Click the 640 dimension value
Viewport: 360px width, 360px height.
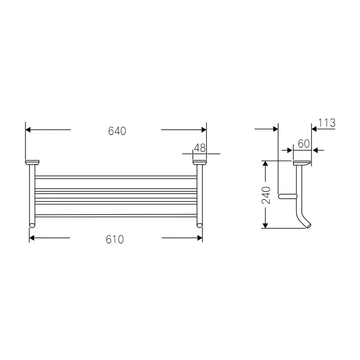pos(117,131)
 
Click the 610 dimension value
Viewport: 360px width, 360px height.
pos(115,240)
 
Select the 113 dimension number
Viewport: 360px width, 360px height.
pos(327,123)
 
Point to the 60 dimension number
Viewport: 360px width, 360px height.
pos(304,144)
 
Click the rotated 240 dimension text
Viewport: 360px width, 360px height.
pos(266,195)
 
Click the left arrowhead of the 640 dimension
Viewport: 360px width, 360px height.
pos(28,130)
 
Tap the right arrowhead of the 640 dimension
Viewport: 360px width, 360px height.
pos(203,130)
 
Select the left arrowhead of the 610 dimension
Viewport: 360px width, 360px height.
pos(32,238)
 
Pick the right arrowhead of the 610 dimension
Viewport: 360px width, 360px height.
pos(199,238)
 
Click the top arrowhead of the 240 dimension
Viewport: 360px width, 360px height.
pos(266,164)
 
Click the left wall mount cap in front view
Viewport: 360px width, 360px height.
pos(32,162)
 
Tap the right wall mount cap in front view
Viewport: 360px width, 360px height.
pos(199,162)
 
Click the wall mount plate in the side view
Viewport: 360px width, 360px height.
pos(301,162)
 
